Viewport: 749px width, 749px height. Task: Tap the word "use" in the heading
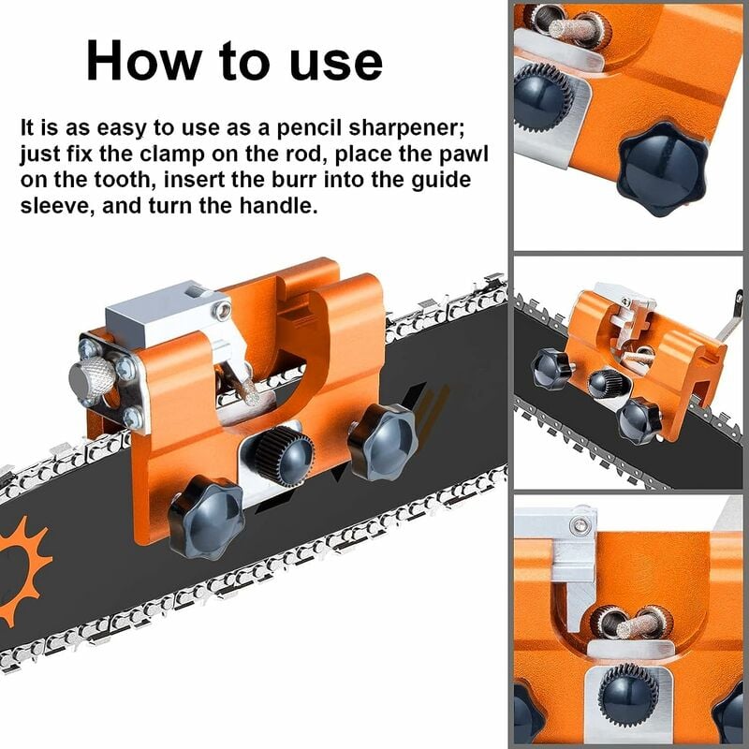(336, 64)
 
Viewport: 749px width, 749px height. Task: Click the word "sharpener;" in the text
(407, 128)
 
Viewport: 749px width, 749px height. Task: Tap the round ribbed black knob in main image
(285, 456)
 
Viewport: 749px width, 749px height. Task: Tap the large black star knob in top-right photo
(663, 169)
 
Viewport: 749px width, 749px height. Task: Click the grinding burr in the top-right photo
(572, 30)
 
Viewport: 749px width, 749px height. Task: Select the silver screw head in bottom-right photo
(580, 526)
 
